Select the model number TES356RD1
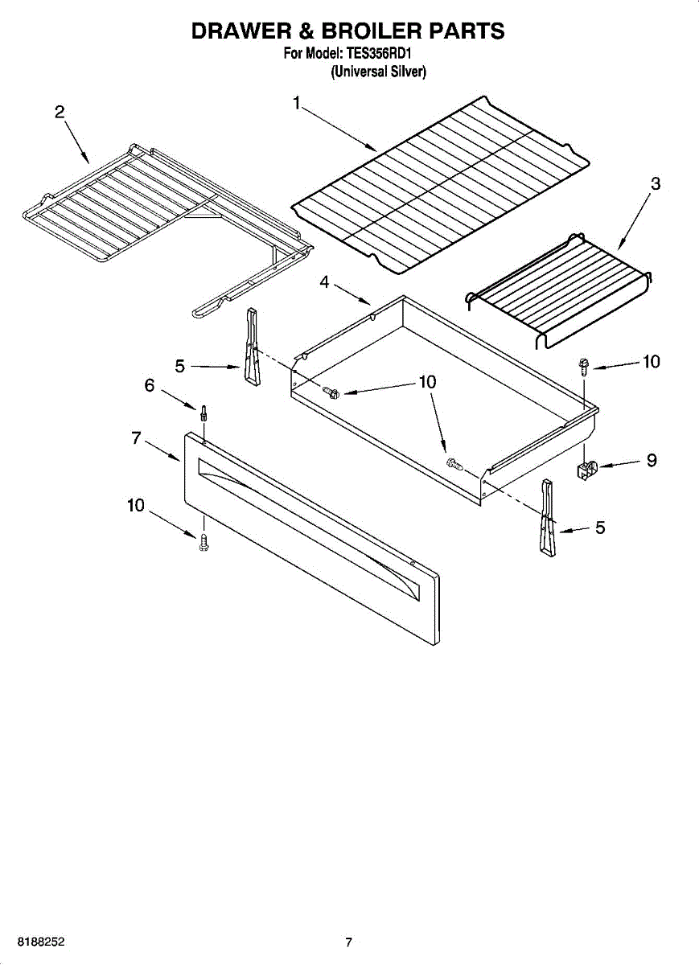[x=379, y=55]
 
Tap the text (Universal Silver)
[x=378, y=72]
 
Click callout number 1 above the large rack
[x=297, y=104]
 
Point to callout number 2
[x=60, y=112]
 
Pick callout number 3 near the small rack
[x=655, y=184]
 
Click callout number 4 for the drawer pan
[x=324, y=282]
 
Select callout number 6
[x=149, y=385]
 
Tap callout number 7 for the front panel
[x=136, y=438]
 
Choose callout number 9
[x=652, y=461]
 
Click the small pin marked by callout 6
[x=203, y=414]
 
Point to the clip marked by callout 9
[x=586, y=470]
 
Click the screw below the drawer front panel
[x=203, y=542]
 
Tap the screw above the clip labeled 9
[x=583, y=367]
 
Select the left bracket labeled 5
[x=253, y=347]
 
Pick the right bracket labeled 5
[x=547, y=517]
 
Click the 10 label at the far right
[x=652, y=362]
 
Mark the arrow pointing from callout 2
[x=77, y=142]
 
